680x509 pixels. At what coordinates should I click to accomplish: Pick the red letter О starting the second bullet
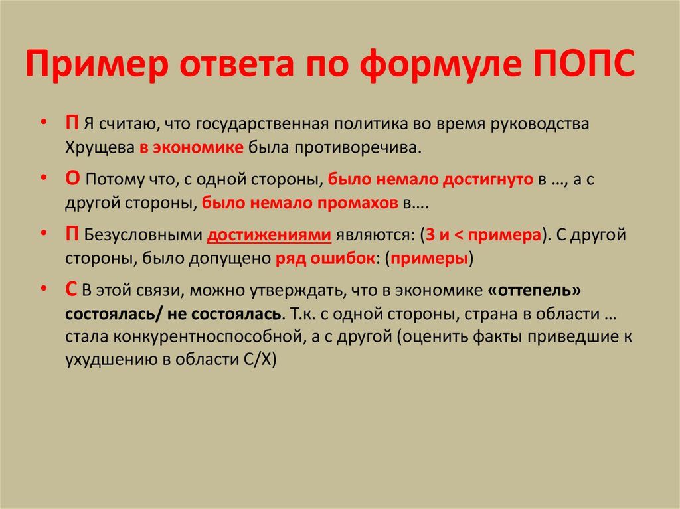(x=73, y=180)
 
